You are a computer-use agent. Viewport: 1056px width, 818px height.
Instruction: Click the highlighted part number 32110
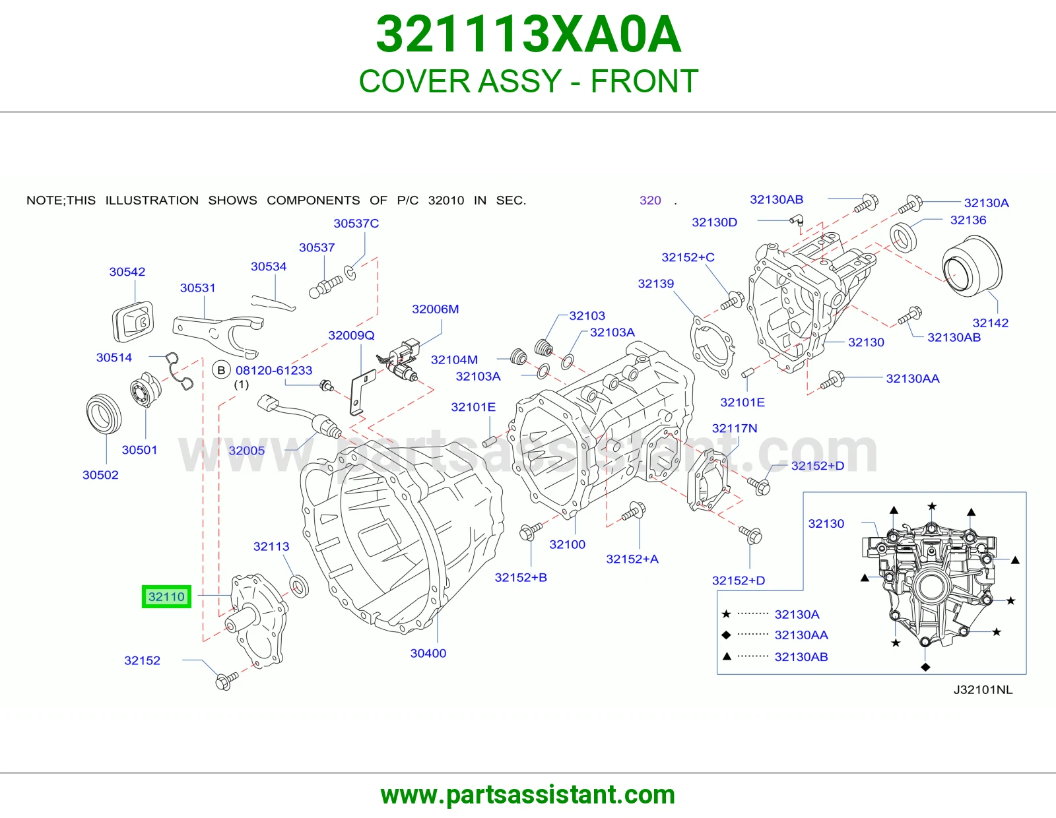(166, 596)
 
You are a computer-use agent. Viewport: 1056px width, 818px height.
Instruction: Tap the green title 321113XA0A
(528, 34)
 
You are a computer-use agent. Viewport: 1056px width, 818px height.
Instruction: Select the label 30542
(127, 272)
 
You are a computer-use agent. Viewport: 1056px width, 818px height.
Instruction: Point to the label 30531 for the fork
(198, 288)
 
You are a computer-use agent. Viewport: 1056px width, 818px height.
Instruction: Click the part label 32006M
(436, 309)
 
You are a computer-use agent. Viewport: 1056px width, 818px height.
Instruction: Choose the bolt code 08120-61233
(274, 370)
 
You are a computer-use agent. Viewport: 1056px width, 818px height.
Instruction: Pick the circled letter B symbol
(221, 370)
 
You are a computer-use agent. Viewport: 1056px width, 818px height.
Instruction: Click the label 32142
(991, 323)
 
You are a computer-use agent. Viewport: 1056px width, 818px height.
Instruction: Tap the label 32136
(968, 220)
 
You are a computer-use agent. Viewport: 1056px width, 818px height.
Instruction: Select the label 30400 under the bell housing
(428, 653)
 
